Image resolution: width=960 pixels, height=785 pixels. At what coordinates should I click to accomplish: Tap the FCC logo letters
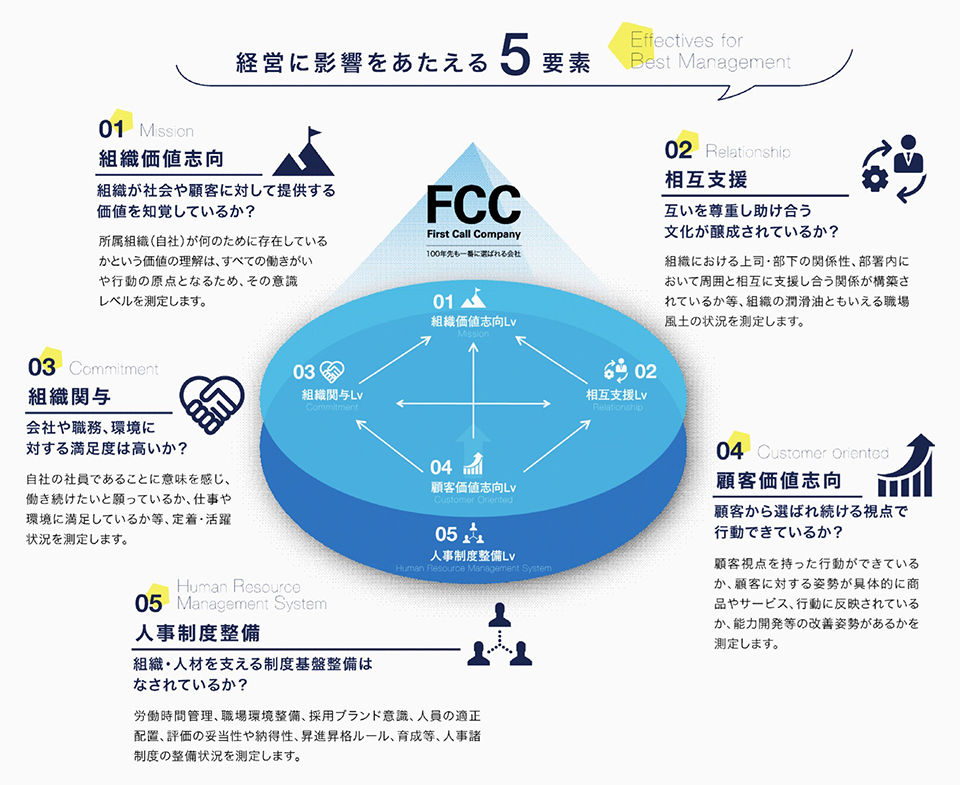473,205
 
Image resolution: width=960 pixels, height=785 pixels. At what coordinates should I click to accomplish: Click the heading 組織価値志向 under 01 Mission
159,159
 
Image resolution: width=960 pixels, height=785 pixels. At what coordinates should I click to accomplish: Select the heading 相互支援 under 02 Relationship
705,180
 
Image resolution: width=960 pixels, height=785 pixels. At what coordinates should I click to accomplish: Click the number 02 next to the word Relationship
678,151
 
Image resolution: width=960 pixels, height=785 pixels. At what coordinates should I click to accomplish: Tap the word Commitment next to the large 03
114,369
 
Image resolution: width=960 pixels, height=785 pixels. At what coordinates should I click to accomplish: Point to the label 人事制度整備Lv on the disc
472,556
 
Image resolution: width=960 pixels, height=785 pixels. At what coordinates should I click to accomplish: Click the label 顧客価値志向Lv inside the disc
473,487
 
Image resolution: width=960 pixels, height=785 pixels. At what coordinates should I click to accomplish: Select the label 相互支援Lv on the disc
617,395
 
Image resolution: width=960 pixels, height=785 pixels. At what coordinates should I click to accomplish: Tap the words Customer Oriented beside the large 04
822,453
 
